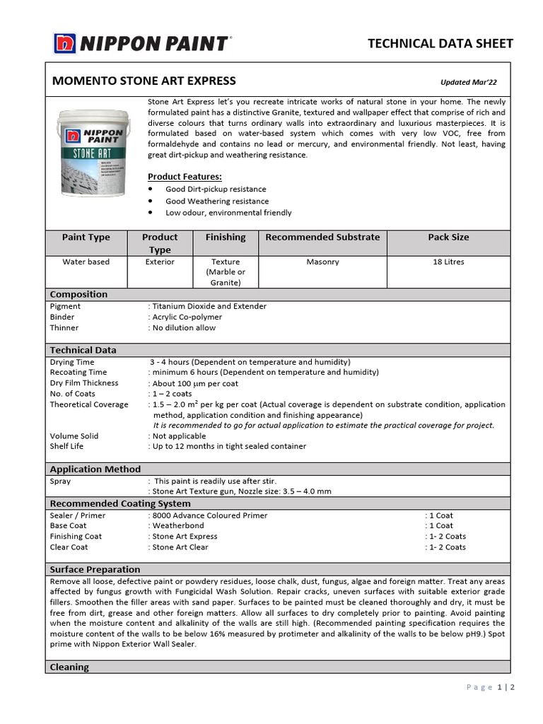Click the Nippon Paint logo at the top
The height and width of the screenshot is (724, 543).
coord(141,43)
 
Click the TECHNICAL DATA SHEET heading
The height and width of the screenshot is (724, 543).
coord(440,43)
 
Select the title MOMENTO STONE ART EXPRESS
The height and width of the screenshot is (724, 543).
coord(144,81)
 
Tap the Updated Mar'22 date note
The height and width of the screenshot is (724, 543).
coord(468,82)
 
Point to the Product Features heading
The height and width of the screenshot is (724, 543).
coord(185,176)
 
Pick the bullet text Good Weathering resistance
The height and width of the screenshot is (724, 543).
coord(217,201)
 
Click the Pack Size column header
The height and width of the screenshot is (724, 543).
coord(448,237)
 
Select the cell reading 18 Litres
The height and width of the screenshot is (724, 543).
coord(448,262)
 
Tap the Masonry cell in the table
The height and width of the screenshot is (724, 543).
coord(322,262)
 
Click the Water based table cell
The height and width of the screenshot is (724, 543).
coord(86,262)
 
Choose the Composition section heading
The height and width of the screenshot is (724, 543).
coord(78,294)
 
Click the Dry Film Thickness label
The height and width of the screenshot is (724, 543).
coord(84,383)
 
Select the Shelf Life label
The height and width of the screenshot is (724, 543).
coord(69,446)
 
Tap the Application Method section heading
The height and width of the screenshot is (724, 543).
coord(95,469)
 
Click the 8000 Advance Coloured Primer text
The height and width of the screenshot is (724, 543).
coord(209,515)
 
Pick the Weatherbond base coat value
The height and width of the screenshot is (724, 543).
coord(178,525)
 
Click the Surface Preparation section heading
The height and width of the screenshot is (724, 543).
coord(95,569)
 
